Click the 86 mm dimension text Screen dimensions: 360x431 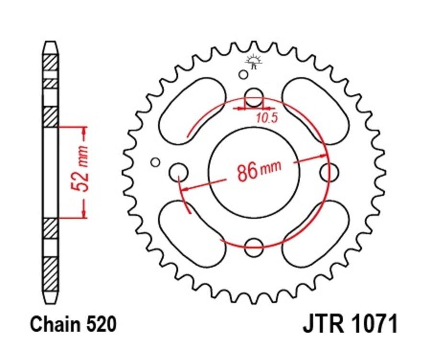click(x=259, y=171)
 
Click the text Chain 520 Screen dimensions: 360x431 click(x=73, y=325)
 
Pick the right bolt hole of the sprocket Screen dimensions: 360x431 click(x=329, y=171)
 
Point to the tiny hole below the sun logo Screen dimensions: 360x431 click(x=244, y=74)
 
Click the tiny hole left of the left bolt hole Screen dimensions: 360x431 click(x=155, y=162)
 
